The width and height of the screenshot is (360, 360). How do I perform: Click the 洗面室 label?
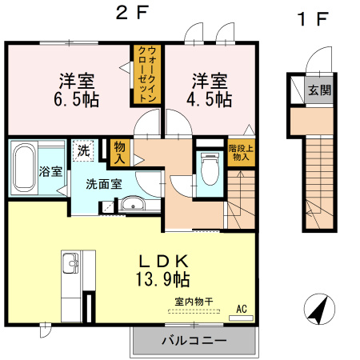104,183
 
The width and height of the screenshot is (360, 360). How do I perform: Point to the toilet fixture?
210,169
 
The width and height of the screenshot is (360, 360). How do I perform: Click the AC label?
241,308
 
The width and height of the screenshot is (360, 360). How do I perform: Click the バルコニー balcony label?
194,340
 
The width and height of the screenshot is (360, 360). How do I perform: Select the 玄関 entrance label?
320,90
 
